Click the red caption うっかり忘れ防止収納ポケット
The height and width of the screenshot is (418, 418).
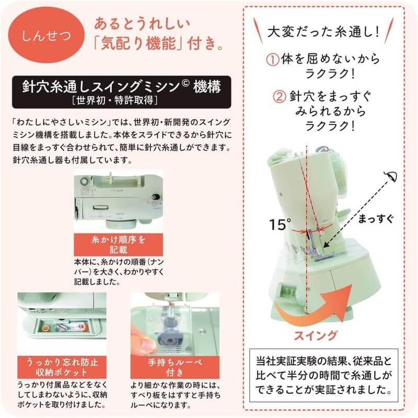(x=62, y=366)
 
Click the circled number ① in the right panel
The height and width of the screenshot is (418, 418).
(x=273, y=59)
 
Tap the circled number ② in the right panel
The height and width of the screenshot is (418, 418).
(x=280, y=96)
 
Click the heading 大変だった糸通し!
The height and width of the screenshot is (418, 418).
(x=323, y=32)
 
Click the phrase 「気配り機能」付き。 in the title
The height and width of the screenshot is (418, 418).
(x=161, y=41)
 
